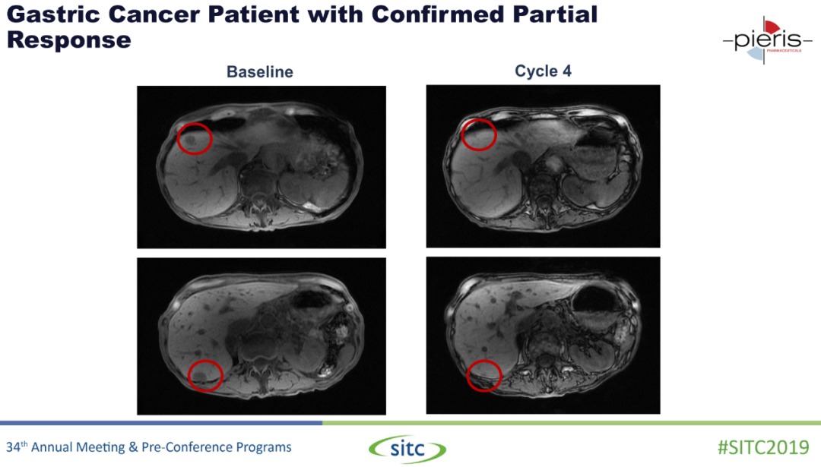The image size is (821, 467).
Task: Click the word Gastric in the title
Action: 53,14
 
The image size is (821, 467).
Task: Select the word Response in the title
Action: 68,40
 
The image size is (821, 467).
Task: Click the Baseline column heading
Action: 260,71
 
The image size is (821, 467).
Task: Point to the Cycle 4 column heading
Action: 543,71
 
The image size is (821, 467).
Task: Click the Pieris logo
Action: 768,40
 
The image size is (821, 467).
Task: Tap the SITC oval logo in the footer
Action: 407,449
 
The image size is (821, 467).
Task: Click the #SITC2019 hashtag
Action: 763,448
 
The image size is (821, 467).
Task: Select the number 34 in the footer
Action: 13,447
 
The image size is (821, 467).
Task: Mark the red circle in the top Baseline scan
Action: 195,124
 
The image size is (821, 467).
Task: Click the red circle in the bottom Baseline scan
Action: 205,361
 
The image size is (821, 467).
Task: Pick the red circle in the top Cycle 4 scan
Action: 479,120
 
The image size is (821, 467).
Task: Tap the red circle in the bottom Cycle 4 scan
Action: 483,361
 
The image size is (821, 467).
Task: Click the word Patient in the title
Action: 253,14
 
